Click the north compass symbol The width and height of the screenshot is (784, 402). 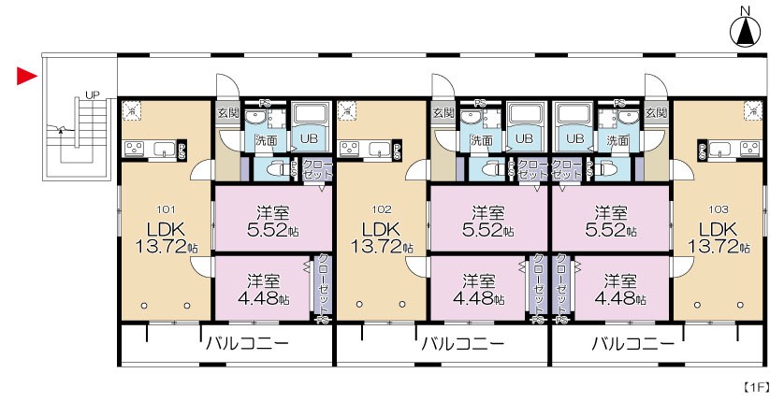pos(746,29)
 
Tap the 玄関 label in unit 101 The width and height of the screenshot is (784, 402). pos(227,113)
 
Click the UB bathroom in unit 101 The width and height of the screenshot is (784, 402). pos(309,138)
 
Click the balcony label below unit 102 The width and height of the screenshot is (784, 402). pos(461,344)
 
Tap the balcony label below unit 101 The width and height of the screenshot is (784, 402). pos(247,344)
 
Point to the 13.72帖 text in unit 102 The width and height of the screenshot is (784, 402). pos(382,247)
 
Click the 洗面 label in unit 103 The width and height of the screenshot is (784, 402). pos(617,139)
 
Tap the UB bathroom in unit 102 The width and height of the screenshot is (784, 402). pos(524,138)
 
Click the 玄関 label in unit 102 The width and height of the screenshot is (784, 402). pos(443,113)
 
